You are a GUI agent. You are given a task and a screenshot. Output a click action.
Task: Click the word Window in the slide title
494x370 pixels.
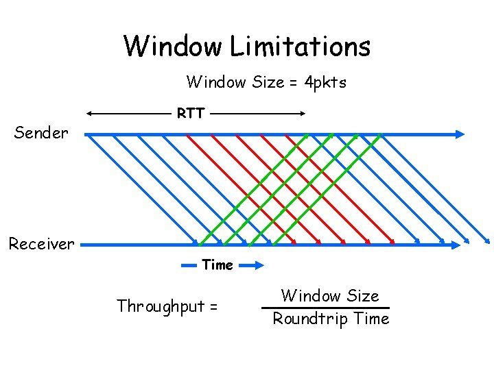(x=173, y=47)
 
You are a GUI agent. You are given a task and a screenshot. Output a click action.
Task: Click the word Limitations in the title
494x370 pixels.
(x=300, y=47)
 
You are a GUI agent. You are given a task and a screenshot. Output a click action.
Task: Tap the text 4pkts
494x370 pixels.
(x=325, y=83)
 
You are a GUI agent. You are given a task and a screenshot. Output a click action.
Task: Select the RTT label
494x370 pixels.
(x=190, y=113)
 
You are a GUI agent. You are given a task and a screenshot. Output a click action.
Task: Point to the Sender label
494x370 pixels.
(x=41, y=133)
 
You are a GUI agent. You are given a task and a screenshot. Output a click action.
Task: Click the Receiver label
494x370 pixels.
(x=41, y=244)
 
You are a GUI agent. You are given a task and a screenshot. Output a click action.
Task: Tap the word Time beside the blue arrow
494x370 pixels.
(x=217, y=264)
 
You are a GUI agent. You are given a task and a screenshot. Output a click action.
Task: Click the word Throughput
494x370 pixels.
(x=161, y=306)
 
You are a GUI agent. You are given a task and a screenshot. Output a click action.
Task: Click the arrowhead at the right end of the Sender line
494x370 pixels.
(x=460, y=134)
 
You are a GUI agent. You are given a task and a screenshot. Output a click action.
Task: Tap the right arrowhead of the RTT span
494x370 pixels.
(x=302, y=113)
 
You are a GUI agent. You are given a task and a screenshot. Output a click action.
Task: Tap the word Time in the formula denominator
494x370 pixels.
(x=373, y=319)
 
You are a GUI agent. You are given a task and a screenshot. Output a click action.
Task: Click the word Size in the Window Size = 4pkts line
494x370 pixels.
(x=268, y=83)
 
